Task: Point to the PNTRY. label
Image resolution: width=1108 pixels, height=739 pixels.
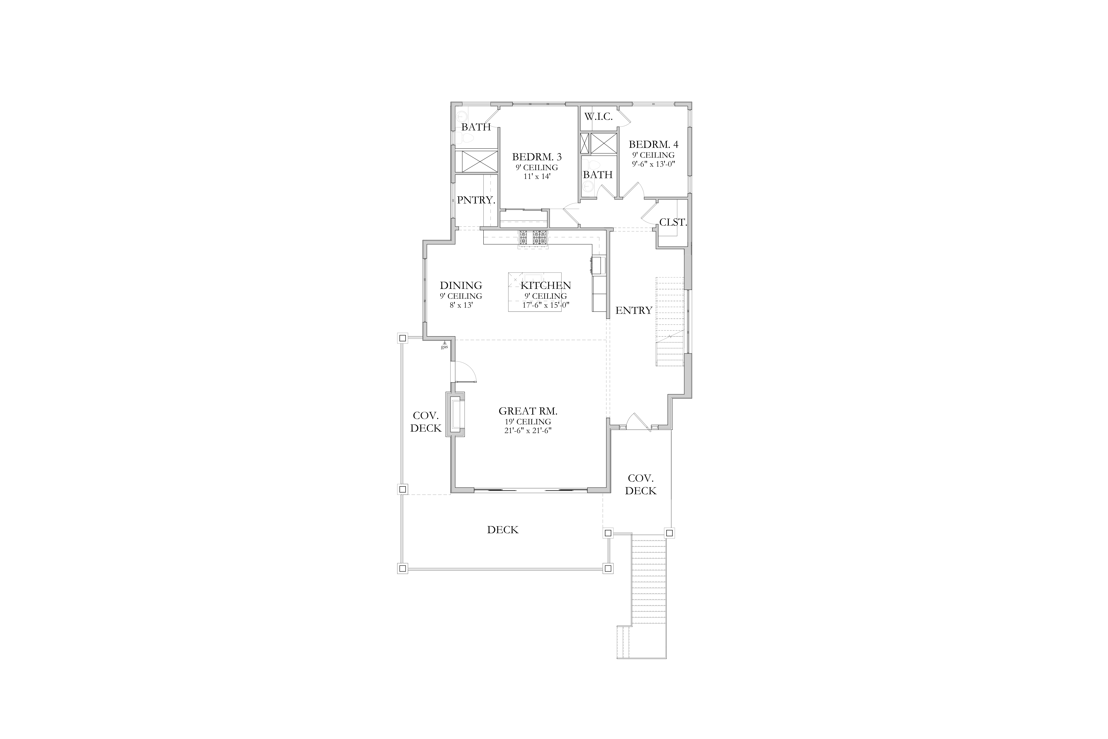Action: click(476, 200)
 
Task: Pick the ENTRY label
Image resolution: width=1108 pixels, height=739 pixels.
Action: click(634, 310)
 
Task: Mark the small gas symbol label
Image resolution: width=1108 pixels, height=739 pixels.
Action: click(444, 347)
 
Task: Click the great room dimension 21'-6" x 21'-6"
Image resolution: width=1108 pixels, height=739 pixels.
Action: click(528, 430)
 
